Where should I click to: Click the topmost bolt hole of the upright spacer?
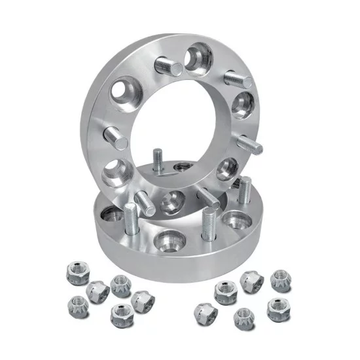tap(198, 57)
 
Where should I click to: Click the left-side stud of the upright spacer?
tap(118, 137)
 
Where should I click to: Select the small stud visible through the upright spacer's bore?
tap(158, 161)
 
